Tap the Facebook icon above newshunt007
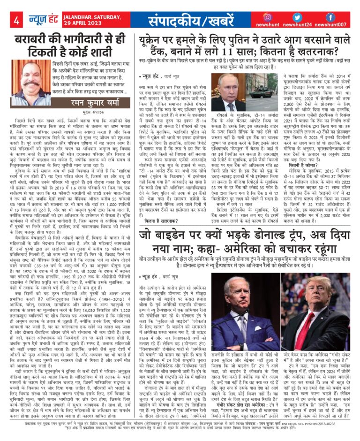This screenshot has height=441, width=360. [330, 17]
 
